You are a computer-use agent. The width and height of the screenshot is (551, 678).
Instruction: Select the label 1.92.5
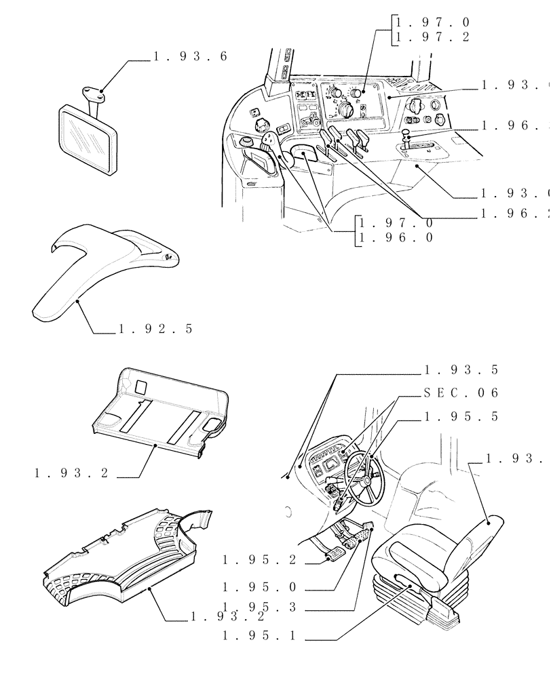155,329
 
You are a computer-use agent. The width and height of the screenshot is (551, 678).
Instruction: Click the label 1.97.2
432,37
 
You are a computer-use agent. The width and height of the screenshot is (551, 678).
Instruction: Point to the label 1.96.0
396,237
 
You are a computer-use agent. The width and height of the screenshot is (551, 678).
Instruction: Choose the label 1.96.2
514,214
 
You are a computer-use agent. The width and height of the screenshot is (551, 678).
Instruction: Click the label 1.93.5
461,370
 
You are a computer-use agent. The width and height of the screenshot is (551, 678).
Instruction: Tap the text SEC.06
461,393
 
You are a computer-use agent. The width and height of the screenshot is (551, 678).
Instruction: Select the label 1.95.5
461,416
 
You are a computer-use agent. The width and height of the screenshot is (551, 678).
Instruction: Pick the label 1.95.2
260,560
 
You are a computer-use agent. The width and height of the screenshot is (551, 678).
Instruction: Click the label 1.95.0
260,588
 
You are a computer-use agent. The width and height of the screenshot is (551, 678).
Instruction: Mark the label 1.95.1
260,636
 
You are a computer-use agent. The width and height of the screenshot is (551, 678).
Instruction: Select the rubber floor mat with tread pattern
122,563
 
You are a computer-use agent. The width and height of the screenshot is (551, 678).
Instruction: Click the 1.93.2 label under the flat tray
71,473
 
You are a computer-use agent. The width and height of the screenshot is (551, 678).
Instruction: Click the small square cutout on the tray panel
140,386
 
